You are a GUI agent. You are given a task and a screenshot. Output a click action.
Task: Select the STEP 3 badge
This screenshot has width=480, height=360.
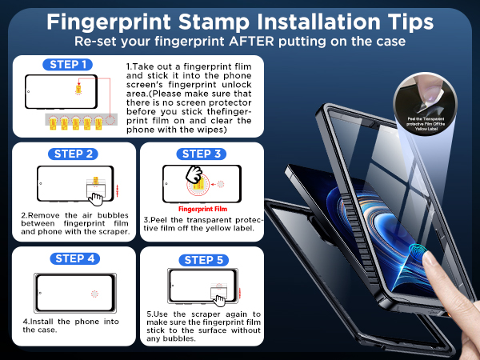pyautogui.click(x=202, y=154)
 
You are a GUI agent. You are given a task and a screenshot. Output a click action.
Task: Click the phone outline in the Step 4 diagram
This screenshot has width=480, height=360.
pyautogui.click(x=73, y=291)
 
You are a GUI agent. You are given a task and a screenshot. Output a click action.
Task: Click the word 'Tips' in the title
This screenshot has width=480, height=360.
pyautogui.click(x=402, y=20)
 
